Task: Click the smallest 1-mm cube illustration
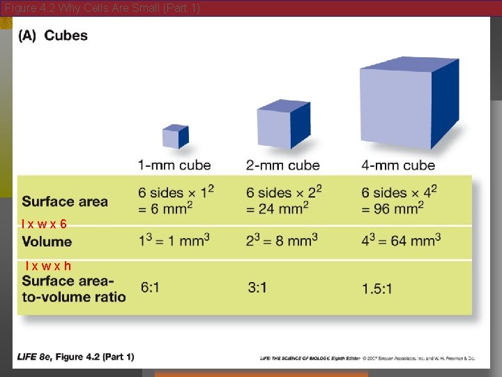(x=175, y=136)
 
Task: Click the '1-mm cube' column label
(x=174, y=165)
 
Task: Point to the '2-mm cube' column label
(x=282, y=165)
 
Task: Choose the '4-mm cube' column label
(x=398, y=165)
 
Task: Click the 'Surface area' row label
(x=65, y=202)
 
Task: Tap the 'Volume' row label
(x=47, y=242)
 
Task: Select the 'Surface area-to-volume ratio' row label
(x=74, y=289)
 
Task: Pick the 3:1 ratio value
(x=257, y=287)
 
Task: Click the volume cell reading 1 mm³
(x=174, y=240)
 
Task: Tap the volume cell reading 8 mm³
(x=282, y=240)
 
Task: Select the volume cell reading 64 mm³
(x=401, y=240)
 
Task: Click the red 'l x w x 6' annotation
(x=44, y=223)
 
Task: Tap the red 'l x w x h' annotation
(x=47, y=265)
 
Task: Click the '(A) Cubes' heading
(x=54, y=36)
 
